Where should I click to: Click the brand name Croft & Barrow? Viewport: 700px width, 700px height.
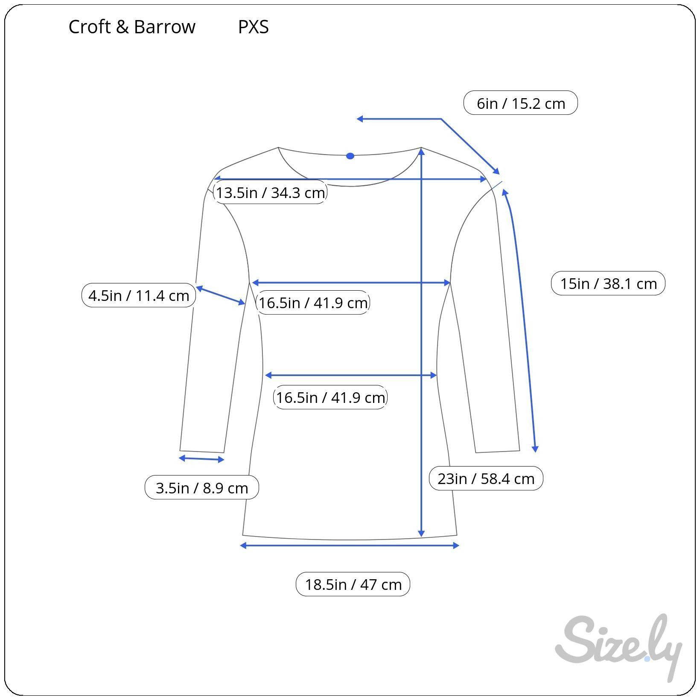tap(132, 27)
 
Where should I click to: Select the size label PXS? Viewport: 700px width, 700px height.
tap(253, 27)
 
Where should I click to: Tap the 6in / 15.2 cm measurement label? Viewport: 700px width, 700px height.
tap(520, 103)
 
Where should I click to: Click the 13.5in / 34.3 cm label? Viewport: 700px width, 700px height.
tap(270, 192)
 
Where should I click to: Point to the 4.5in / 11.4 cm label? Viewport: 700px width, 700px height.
tap(139, 295)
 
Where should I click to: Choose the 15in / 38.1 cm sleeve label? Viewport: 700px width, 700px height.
tap(608, 283)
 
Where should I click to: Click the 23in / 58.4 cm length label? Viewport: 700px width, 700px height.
tap(486, 478)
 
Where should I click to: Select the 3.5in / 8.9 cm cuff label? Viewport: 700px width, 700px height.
tap(202, 487)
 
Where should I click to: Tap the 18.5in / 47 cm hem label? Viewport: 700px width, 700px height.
tap(353, 584)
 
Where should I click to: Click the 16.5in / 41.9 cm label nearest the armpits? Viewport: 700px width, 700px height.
tap(313, 302)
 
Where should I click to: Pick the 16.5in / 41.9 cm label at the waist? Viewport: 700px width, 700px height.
tap(330, 397)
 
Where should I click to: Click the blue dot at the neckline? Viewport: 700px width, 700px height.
tap(350, 156)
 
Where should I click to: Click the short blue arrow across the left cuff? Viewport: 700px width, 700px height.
tap(201, 459)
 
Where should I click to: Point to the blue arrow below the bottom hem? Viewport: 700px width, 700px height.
tap(350, 545)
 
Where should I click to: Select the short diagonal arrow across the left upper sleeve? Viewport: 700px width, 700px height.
tap(221, 295)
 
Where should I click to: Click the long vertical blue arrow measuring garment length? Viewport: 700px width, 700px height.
tap(421, 342)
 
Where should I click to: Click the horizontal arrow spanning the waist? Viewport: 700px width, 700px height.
tap(351, 375)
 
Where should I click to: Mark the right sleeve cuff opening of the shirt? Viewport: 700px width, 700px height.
tap(498, 451)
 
